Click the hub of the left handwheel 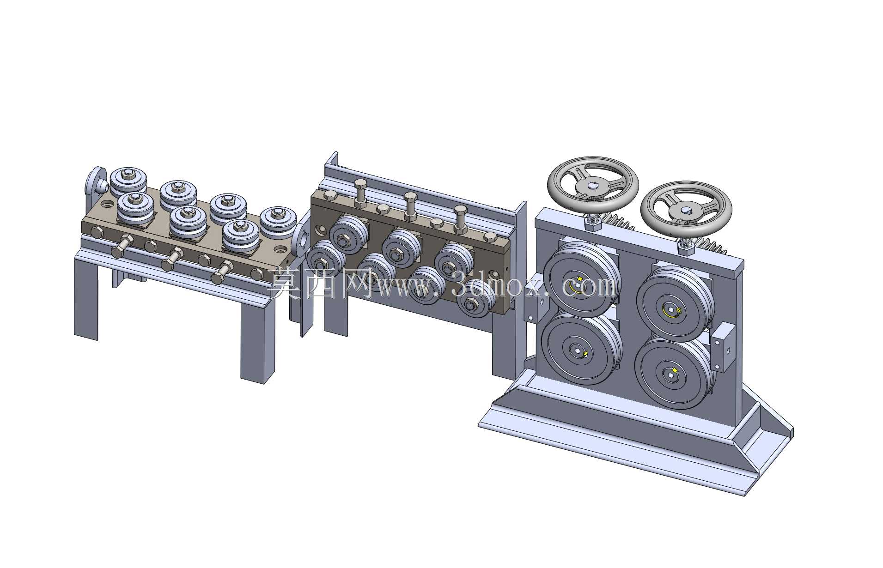pyautogui.click(x=591, y=186)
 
